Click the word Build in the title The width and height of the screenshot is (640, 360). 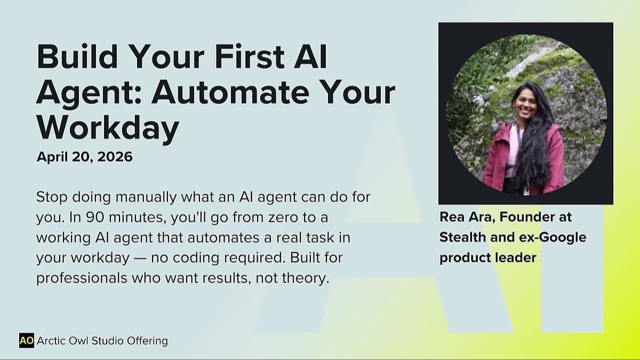pyautogui.click(x=77, y=57)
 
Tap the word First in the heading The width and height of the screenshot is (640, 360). pyautogui.click(x=250, y=57)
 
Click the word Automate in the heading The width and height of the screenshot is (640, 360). pyautogui.click(x=230, y=92)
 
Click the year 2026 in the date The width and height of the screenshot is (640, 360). pyautogui.click(x=115, y=157)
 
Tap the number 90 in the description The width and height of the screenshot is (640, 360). pyautogui.click(x=95, y=218)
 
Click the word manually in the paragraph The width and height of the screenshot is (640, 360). pyautogui.click(x=146, y=198)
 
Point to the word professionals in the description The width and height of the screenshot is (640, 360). pyautogui.click(x=82, y=278)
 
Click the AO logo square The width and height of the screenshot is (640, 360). pyautogui.click(x=27, y=341)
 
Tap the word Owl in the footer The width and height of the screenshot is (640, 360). pyautogui.click(x=78, y=341)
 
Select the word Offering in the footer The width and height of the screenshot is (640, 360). pyautogui.click(x=147, y=341)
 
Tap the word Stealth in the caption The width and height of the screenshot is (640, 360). pyautogui.click(x=463, y=237)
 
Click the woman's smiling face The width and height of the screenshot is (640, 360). pyautogui.click(x=525, y=105)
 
